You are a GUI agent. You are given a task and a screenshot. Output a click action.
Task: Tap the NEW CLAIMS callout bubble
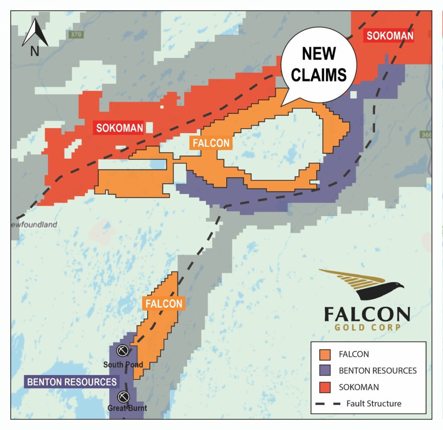point(318,64)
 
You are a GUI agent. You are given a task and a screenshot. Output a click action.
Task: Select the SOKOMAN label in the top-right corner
point(390,35)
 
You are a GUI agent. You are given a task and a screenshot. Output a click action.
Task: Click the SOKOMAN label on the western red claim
point(119,128)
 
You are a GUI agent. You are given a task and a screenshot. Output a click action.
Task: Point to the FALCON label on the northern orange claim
point(211,143)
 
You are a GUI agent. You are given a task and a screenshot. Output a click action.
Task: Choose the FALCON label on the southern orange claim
point(164,304)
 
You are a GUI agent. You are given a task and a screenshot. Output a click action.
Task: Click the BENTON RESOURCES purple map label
point(72,382)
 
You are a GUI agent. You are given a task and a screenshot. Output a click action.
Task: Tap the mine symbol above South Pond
point(123,350)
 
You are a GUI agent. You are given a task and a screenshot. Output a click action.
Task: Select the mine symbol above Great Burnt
point(124,396)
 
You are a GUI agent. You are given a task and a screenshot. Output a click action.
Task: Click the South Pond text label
point(123,365)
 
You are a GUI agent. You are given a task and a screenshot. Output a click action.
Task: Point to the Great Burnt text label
point(128,408)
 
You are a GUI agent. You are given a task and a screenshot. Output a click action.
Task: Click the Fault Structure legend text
point(374,404)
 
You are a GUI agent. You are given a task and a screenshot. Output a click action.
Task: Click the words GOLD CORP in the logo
point(367,327)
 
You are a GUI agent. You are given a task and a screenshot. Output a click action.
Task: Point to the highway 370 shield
point(75,34)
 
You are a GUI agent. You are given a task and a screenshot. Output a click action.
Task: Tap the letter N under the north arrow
point(35,51)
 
